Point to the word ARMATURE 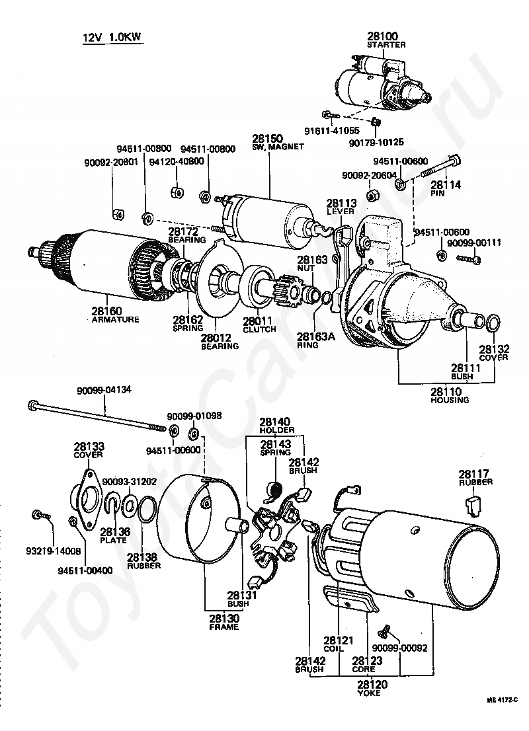(116, 319)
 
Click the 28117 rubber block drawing (472, 506)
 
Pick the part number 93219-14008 (36, 550)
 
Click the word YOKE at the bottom (372, 693)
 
